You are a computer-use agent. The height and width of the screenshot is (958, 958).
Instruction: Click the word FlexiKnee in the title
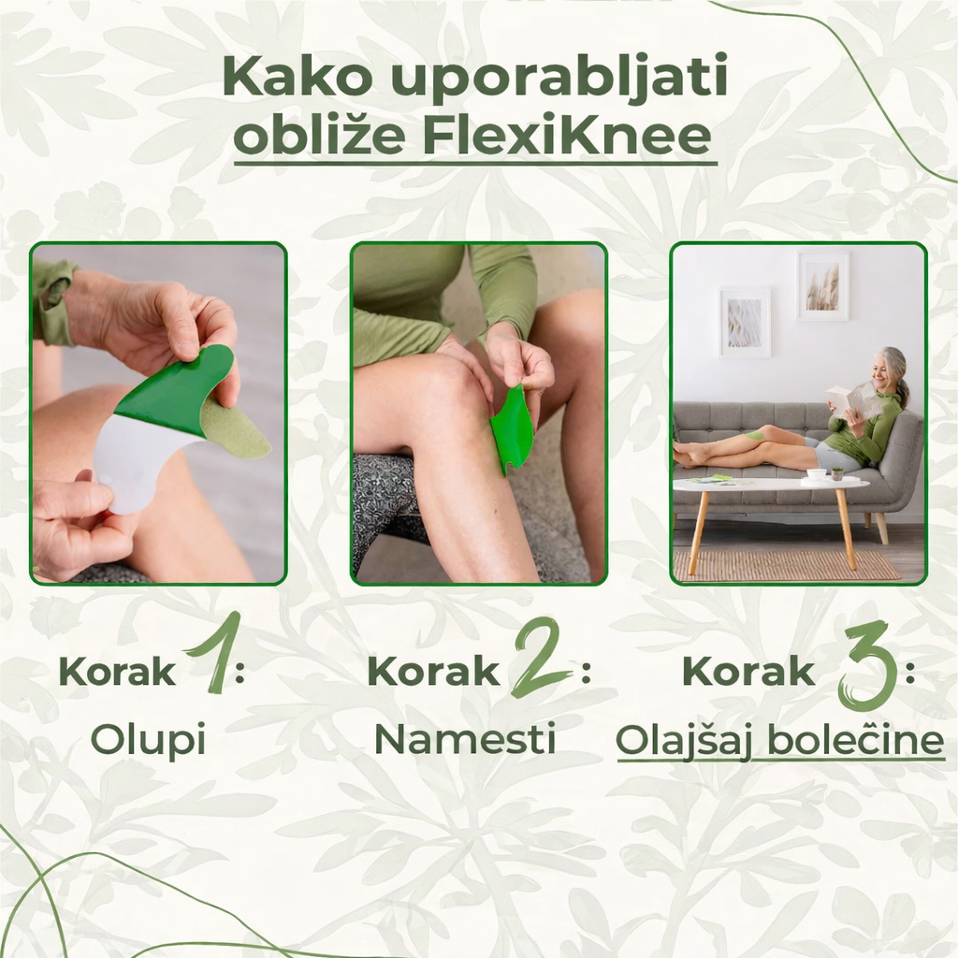567,137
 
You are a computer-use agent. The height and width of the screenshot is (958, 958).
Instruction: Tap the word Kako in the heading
291,79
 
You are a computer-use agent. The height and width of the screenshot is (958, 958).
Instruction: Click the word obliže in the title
319,137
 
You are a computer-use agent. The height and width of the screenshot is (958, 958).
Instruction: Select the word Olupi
148,740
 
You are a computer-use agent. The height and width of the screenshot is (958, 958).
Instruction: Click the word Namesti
465,740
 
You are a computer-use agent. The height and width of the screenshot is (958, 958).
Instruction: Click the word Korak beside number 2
433,672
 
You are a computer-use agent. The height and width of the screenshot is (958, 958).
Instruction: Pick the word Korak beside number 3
748,672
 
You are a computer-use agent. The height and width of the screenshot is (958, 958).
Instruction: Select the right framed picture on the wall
823,286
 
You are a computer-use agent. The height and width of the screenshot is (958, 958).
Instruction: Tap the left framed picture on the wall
745,322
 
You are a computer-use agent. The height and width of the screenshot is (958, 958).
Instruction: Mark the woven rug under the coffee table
786,564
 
